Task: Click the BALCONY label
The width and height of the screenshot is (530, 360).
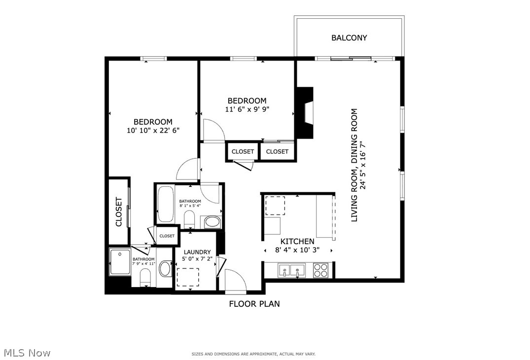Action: point(349,37)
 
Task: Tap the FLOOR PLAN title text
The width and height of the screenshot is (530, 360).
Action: point(254,304)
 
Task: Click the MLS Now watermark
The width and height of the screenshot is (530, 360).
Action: point(27,353)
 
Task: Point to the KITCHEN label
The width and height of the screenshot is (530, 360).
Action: point(297,241)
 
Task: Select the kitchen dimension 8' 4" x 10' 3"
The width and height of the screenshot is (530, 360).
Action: point(297,250)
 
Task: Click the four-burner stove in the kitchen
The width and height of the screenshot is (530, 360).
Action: point(321,270)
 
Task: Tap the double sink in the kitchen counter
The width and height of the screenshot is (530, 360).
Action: point(290,270)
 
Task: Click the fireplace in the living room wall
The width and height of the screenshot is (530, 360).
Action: point(307,113)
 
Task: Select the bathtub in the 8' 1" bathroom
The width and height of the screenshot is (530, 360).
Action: point(165,204)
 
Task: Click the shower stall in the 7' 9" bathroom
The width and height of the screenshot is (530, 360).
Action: point(120,262)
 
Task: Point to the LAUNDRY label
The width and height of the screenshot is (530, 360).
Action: point(197,252)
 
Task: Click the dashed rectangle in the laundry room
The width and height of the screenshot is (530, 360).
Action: point(188,277)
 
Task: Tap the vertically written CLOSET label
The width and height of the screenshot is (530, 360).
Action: point(119,212)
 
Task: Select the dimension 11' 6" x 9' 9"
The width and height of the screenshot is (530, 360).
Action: point(247,109)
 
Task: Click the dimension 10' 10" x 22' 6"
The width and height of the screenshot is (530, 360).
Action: point(153,131)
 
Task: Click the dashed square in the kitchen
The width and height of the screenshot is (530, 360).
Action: point(275,206)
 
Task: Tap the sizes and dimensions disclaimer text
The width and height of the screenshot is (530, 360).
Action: point(253,354)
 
